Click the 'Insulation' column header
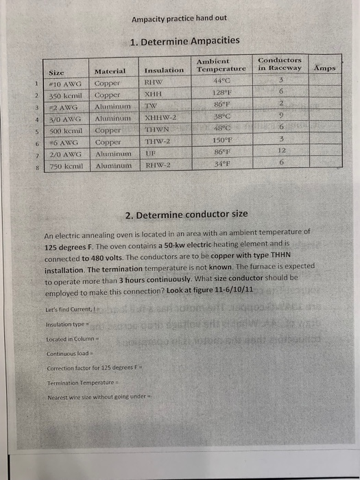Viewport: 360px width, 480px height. click(x=165, y=70)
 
